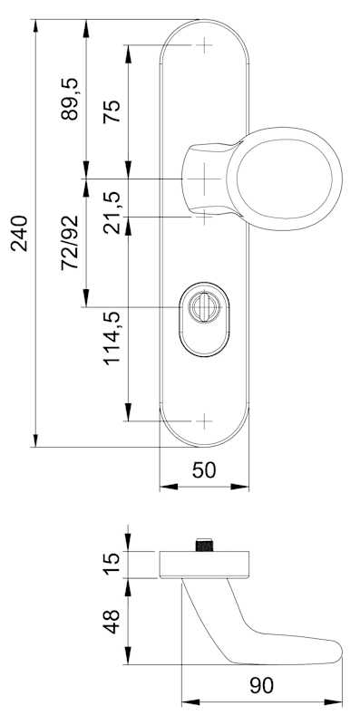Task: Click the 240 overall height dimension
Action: [19, 233]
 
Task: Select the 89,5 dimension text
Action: [70, 100]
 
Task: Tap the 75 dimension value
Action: [112, 111]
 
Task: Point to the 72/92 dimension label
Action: [70, 243]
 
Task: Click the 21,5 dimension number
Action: [112, 213]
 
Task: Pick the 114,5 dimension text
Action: [112, 338]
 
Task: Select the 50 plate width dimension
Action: [204, 470]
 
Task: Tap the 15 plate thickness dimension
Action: [112, 564]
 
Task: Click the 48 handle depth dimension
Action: [112, 622]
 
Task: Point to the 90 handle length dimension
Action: [261, 686]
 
